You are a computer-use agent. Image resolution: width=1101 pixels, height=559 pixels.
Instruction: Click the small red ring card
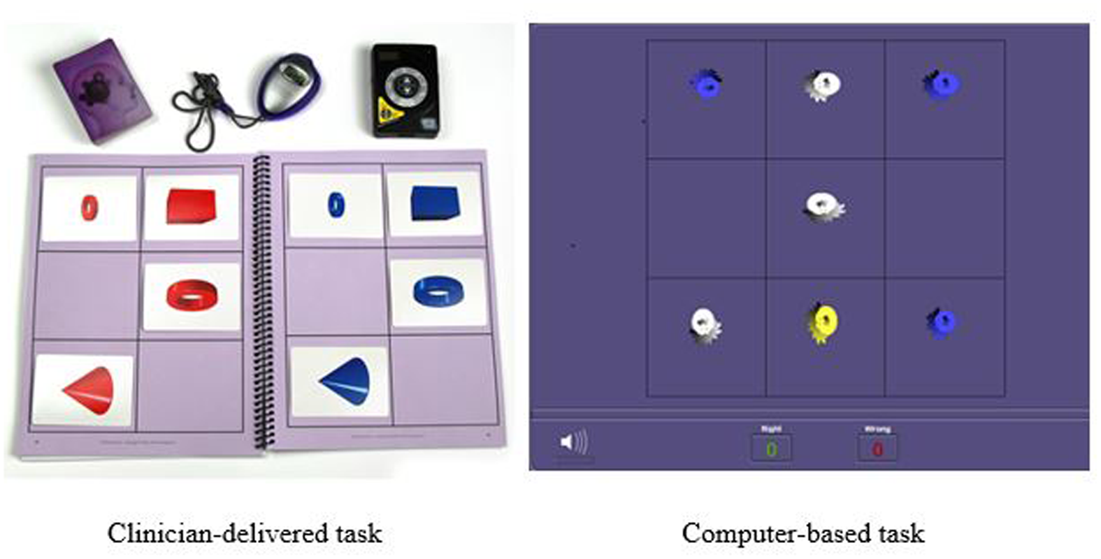point(89,208)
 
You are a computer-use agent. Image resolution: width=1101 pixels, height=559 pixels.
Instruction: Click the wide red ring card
point(192,296)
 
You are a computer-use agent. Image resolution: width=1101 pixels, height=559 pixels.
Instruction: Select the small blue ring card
point(336,205)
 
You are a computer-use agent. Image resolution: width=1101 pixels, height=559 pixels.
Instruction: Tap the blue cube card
point(434,203)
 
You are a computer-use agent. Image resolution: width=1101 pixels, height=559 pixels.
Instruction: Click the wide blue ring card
point(438,292)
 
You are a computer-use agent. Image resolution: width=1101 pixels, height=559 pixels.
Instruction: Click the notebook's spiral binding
point(264,300)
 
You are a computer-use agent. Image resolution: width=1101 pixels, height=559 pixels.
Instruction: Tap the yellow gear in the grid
point(823,324)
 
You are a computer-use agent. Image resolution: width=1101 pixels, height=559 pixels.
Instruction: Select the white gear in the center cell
point(823,206)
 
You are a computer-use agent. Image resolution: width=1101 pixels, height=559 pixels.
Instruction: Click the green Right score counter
point(771,449)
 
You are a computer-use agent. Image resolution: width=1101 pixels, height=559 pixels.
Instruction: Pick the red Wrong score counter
point(877,449)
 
